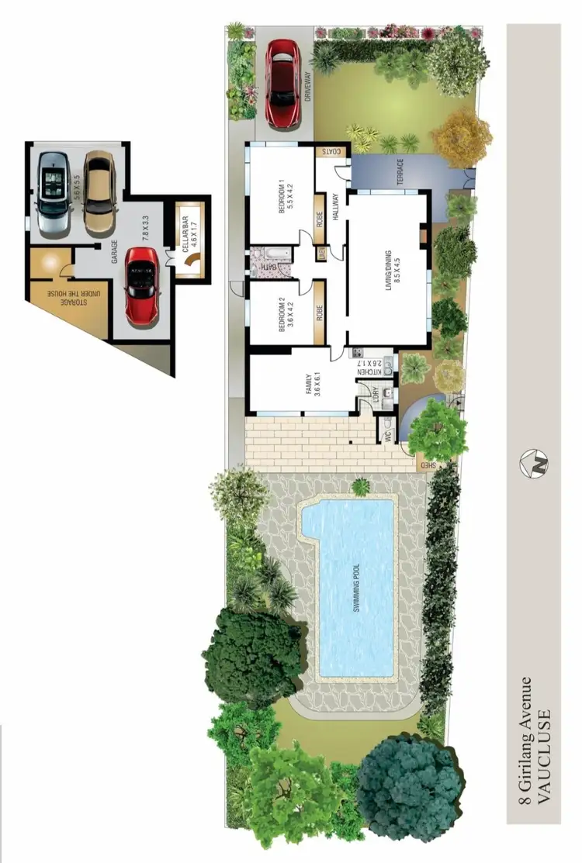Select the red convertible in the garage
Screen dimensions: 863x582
click(142, 282)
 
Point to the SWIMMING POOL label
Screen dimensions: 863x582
click(358, 589)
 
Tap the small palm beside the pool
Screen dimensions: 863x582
click(359, 487)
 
